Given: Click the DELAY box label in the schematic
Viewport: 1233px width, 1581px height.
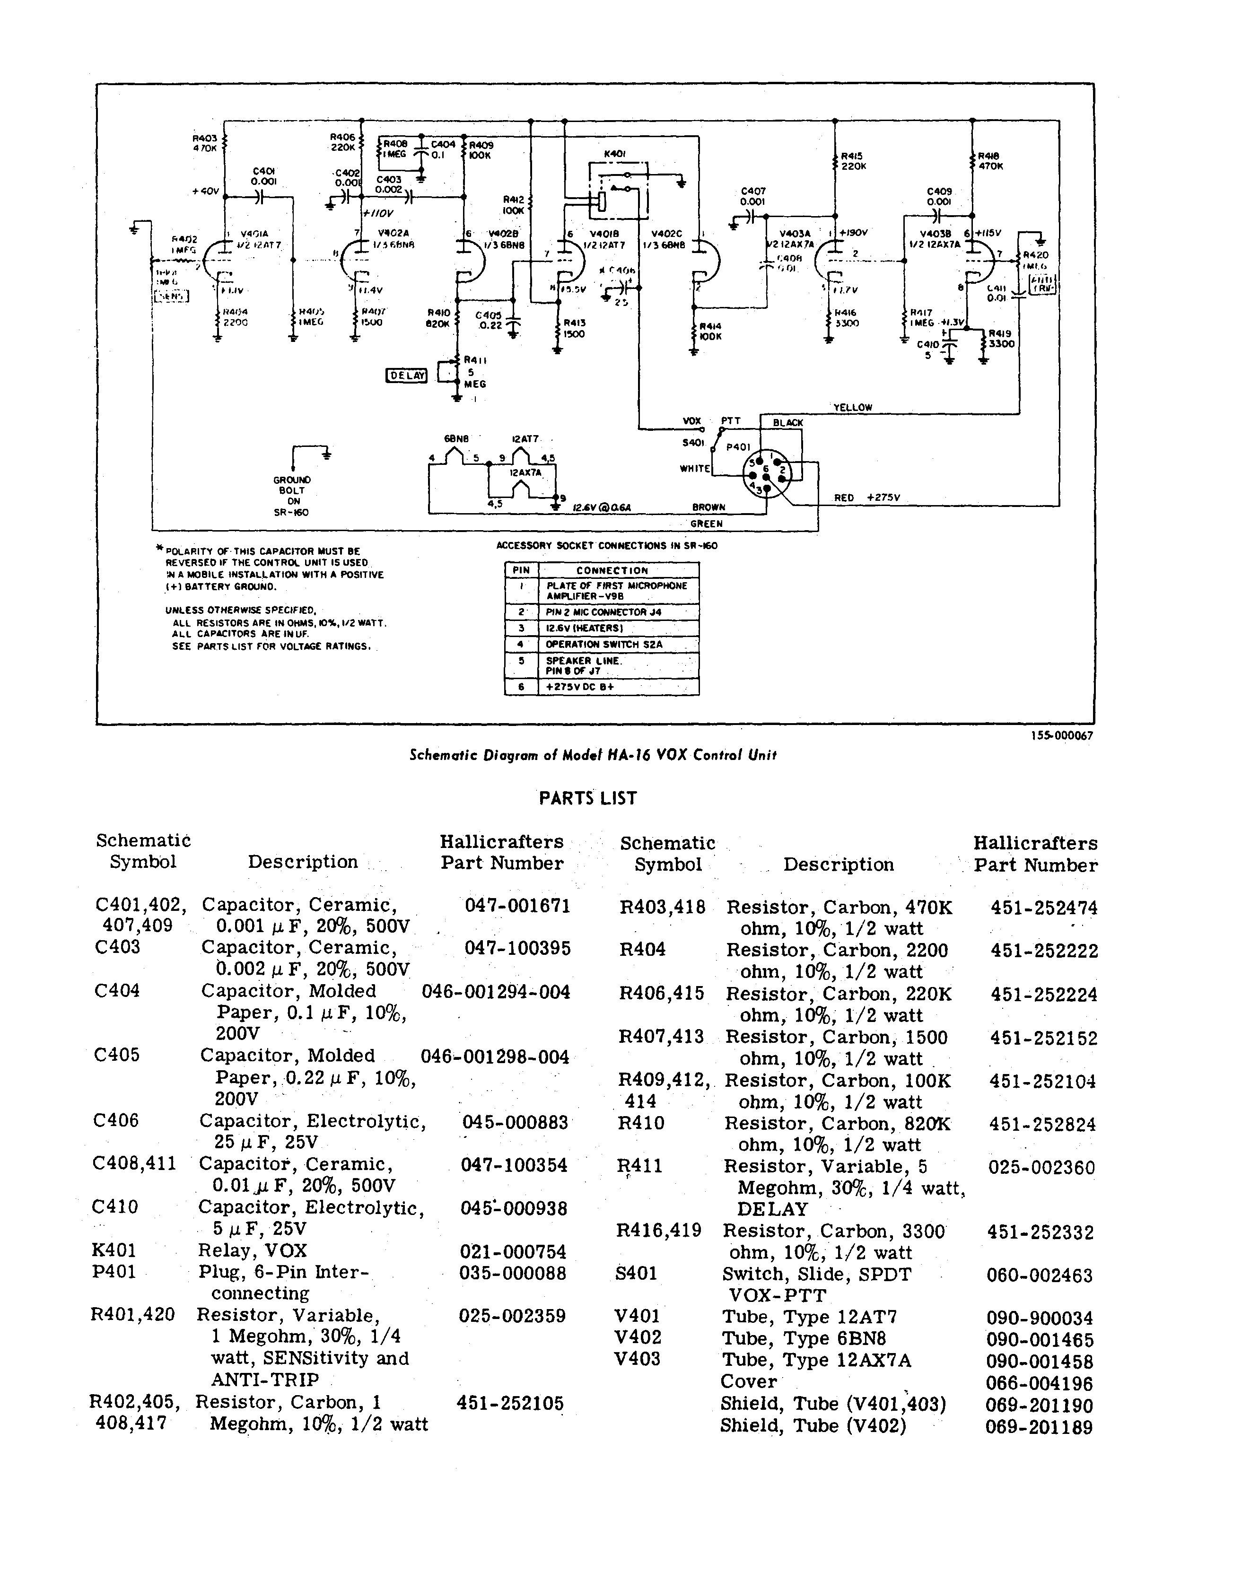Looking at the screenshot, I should (407, 375).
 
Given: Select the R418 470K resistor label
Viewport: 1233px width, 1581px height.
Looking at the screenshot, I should (990, 161).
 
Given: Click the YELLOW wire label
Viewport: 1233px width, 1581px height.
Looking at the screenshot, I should (853, 408).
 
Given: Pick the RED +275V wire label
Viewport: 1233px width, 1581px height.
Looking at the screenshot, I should (866, 498).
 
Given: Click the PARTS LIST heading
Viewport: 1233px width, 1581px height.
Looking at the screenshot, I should (588, 798).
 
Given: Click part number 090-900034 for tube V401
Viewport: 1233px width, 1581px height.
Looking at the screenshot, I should (1040, 1318).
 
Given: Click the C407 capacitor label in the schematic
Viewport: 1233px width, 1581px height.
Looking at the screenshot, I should (753, 191).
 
